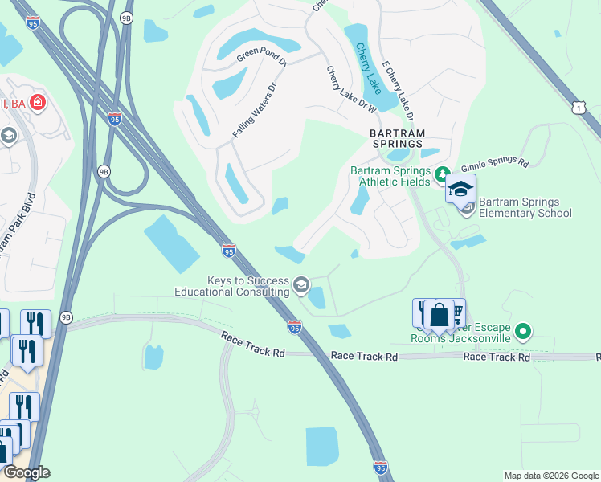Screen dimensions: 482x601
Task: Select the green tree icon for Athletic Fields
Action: (440, 174)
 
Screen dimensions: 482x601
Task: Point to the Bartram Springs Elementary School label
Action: (525, 206)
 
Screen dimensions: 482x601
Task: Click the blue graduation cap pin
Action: (461, 190)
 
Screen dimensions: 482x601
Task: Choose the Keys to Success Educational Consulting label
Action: (232, 285)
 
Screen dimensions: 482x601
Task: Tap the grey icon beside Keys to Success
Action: (300, 284)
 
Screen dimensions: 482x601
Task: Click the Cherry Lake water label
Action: (369, 68)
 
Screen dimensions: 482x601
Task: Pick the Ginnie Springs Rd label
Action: (501, 163)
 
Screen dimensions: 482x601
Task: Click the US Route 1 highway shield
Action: (580, 107)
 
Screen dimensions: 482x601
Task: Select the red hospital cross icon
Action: (36, 102)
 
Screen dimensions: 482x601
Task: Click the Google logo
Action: (27, 472)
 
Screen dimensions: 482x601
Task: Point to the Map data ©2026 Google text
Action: (550, 476)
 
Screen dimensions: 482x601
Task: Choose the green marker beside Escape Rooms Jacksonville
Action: (523, 330)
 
